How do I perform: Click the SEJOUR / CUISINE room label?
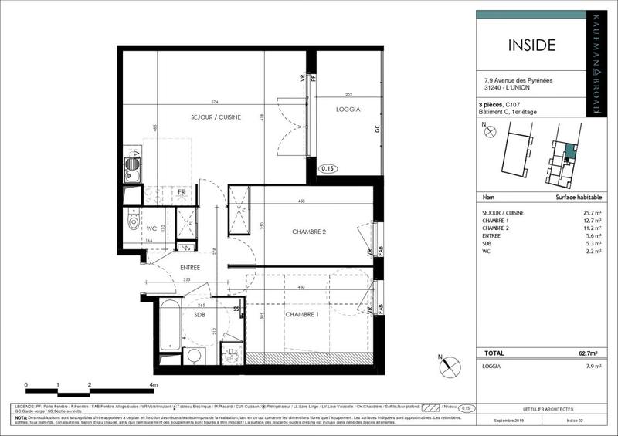(x=216, y=117)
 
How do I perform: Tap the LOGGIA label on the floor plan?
(x=348, y=110)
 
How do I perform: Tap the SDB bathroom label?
(x=199, y=315)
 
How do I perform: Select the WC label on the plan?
(x=152, y=228)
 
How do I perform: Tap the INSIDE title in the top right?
(x=531, y=44)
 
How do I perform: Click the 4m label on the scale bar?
(x=154, y=384)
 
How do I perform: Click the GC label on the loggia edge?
(x=378, y=130)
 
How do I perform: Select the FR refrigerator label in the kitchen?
(x=182, y=192)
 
